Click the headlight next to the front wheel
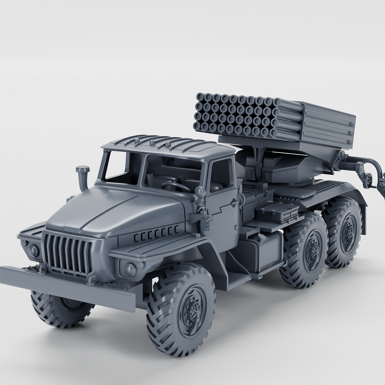(129, 269)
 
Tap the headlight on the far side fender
(33, 251)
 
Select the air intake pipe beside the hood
(82, 177)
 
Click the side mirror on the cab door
(200, 192)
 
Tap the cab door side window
(220, 175)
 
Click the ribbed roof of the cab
(169, 145)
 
